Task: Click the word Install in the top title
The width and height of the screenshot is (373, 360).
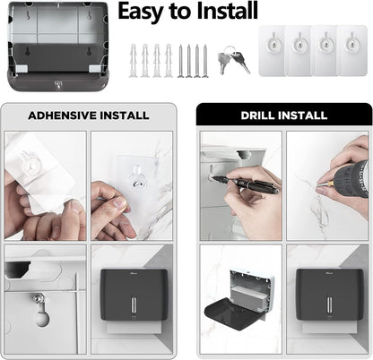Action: pyautogui.click(x=226, y=12)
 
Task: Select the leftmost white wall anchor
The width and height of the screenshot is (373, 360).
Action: pyautogui.click(x=133, y=61)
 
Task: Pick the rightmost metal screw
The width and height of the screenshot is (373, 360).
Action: pyautogui.click(x=205, y=61)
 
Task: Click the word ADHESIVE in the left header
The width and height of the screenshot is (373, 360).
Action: pyautogui.click(x=61, y=115)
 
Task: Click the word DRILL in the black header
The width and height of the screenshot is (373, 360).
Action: pyautogui.click(x=258, y=115)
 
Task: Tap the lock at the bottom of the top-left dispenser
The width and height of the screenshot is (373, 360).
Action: pyautogui.click(x=56, y=84)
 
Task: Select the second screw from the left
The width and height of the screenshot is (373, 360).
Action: pyautogui.click(x=187, y=61)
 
